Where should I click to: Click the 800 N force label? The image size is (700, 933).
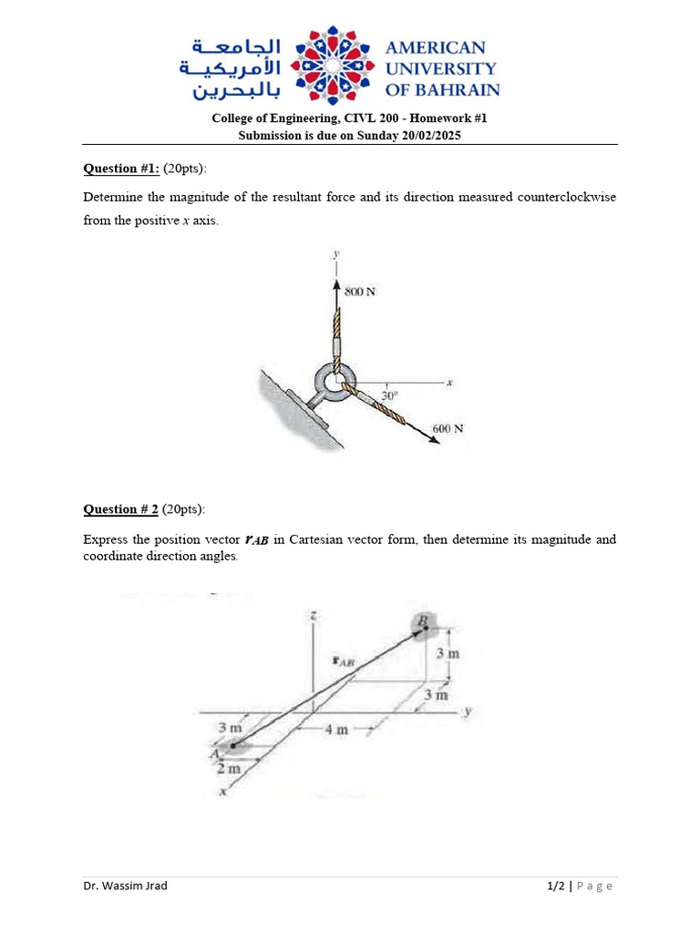pos(360,292)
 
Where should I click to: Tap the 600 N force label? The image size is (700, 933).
pos(448,428)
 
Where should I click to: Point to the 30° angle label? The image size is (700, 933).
pos(389,396)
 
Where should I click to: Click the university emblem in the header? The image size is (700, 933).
pos(333,67)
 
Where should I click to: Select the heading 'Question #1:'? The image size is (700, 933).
pos(121,168)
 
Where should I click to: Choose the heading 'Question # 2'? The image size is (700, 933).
pos(121,508)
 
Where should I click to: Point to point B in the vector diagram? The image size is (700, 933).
pos(424,622)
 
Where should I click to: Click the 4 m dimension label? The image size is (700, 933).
pos(337,729)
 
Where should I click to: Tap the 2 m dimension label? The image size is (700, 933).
pos(228,769)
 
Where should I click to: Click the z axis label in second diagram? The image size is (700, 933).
pos(312,616)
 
